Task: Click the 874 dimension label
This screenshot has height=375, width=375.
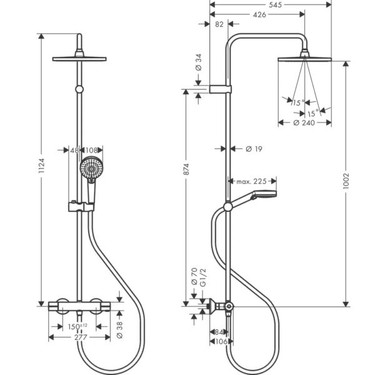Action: (x=186, y=170)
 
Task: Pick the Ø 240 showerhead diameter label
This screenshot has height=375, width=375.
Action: (x=304, y=123)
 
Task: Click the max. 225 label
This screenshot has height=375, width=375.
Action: (x=252, y=181)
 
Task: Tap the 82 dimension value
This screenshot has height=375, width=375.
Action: (x=218, y=24)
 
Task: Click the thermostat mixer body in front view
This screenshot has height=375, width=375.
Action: (x=79, y=306)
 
